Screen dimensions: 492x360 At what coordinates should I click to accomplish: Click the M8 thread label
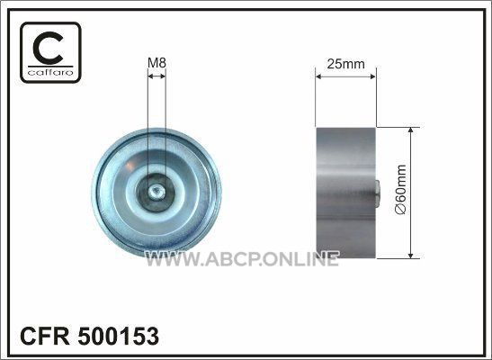tap(157, 63)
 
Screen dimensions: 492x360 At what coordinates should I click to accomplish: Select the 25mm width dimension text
tap(345, 64)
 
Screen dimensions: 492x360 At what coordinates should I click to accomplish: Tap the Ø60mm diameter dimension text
tap(401, 189)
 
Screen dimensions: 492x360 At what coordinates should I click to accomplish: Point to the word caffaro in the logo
tap(50, 73)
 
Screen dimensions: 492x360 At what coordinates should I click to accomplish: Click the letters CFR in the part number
tap(45, 336)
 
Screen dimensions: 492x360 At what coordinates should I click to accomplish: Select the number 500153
tap(119, 336)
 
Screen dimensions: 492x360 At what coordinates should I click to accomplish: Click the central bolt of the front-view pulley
tap(156, 192)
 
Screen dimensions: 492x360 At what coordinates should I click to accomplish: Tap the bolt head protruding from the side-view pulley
tap(378, 194)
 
